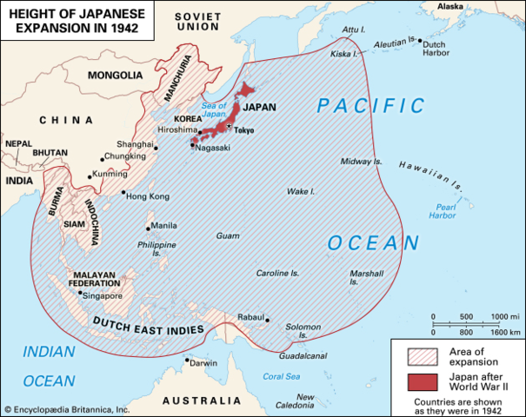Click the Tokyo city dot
(230, 127)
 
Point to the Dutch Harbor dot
(420, 40)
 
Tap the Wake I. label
(301, 190)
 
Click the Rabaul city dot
(267, 319)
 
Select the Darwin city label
(203, 362)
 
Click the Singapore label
(103, 295)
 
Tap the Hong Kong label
(148, 196)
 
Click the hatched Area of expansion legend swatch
(423, 354)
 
